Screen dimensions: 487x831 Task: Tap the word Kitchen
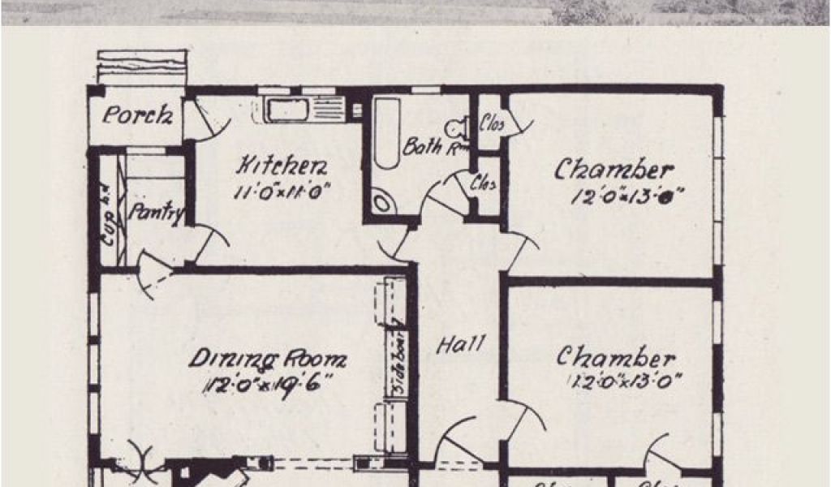(282, 167)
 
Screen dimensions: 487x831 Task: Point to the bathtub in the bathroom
(387, 133)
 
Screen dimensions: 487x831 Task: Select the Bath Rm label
(435, 147)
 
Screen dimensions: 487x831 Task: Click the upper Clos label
(491, 124)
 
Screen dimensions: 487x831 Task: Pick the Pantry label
(157, 213)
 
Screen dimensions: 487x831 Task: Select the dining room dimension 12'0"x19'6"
(265, 384)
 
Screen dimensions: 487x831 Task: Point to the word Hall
(462, 344)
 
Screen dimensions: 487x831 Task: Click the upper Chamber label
(614, 170)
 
